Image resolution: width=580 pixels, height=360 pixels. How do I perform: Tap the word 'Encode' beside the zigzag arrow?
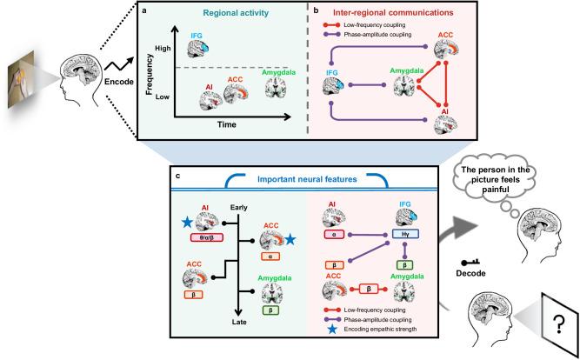[x=119, y=82]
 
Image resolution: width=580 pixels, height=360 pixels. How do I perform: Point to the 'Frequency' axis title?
[x=150, y=75]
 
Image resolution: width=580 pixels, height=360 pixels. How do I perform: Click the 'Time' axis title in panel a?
[x=227, y=124]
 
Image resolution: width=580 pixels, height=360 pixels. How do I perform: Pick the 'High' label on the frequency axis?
[x=163, y=48]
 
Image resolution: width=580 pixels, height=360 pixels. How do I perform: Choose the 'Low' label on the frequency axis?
[x=163, y=97]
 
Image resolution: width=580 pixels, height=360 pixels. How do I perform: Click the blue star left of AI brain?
[x=187, y=223]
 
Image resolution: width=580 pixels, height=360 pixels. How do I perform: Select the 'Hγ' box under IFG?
[x=405, y=234]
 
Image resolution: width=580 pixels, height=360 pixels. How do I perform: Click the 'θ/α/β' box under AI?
[x=206, y=238]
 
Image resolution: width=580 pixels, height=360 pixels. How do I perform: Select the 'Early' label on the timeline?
[x=238, y=208]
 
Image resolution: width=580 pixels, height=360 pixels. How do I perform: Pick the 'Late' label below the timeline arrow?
[x=240, y=322]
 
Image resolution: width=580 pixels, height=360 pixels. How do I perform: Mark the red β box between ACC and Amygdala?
[x=369, y=290]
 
